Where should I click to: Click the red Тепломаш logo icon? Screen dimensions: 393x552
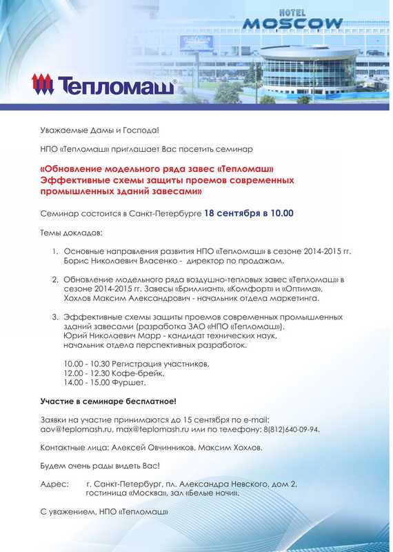(43, 86)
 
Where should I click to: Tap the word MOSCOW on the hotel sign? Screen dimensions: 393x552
(292, 23)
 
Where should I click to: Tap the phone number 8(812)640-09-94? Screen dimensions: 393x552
(290, 428)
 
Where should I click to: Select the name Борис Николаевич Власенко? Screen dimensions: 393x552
(118, 262)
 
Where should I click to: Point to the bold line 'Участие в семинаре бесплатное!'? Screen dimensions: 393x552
(108, 401)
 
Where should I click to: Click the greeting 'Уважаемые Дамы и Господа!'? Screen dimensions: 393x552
(99, 130)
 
